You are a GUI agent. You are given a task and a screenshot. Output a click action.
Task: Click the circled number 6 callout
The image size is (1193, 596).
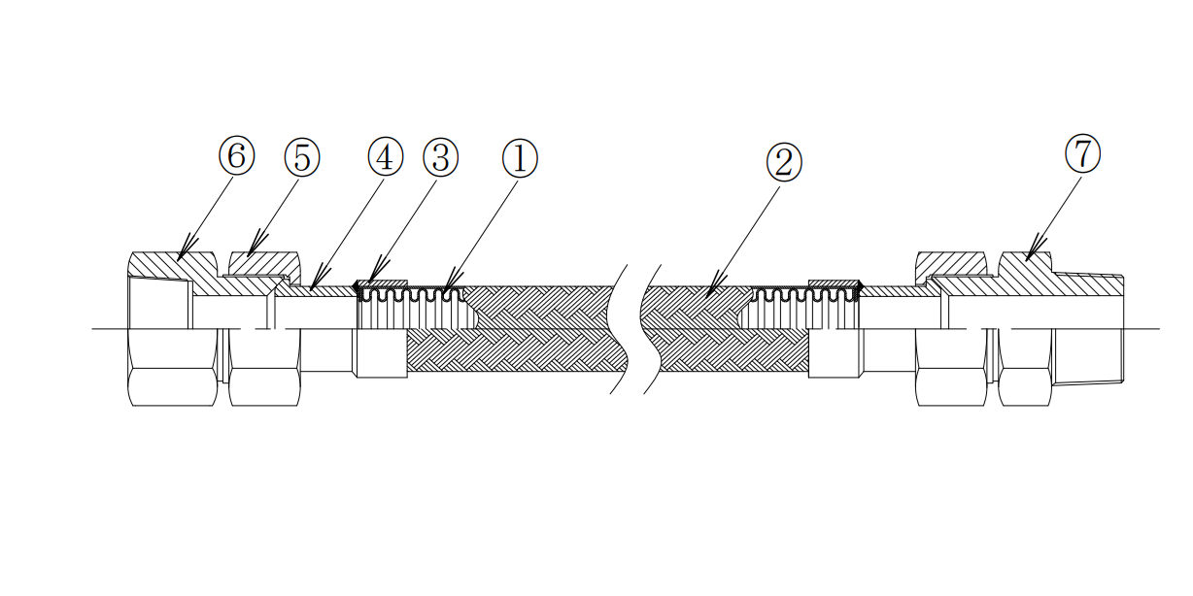(236, 156)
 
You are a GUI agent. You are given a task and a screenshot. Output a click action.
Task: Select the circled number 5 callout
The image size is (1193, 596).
(301, 156)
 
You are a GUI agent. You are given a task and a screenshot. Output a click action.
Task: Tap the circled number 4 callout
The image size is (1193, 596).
(386, 156)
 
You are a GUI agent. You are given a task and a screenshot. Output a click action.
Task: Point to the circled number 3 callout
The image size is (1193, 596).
(440, 156)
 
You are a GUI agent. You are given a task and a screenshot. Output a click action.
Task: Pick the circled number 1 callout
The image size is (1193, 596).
(520, 156)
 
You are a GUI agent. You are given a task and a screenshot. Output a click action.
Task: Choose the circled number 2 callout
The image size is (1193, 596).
(784, 162)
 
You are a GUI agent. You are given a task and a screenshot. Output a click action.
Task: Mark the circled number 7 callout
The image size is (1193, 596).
(1082, 153)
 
